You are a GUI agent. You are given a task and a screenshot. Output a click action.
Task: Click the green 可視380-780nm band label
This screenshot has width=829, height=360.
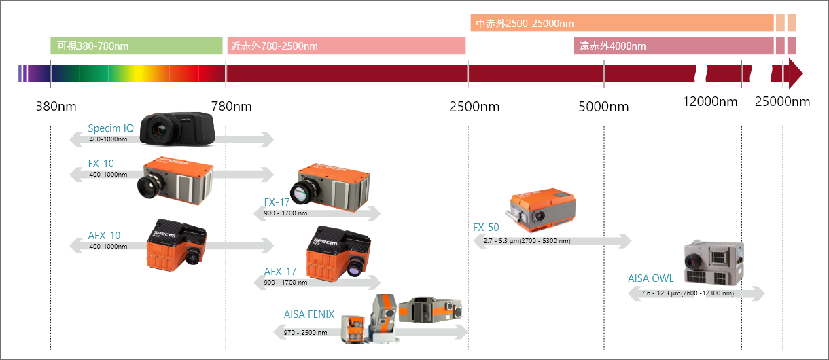[x=136, y=46]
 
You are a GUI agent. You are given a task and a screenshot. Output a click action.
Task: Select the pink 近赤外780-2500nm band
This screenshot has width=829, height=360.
[x=346, y=46]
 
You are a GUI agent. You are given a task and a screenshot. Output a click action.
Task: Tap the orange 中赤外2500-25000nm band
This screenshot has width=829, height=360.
[x=622, y=22]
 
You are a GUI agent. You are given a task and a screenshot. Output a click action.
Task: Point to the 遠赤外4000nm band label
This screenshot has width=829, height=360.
[x=673, y=46]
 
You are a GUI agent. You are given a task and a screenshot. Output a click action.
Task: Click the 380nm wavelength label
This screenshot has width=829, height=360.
[x=56, y=107]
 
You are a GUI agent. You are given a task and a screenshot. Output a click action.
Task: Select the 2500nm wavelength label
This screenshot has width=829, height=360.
[x=474, y=107]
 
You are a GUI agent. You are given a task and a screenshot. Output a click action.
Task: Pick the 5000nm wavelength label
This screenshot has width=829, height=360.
[x=603, y=107]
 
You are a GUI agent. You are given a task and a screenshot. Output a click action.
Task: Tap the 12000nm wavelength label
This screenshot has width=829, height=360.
[x=710, y=102]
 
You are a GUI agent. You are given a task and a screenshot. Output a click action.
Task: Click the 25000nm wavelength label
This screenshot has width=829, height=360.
[x=783, y=102]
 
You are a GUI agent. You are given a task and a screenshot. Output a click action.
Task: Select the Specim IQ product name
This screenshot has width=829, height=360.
[x=111, y=128]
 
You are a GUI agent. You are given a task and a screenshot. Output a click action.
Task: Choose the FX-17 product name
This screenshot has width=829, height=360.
[x=277, y=202]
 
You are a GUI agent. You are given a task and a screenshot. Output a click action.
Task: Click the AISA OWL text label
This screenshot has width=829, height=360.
[x=650, y=278]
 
